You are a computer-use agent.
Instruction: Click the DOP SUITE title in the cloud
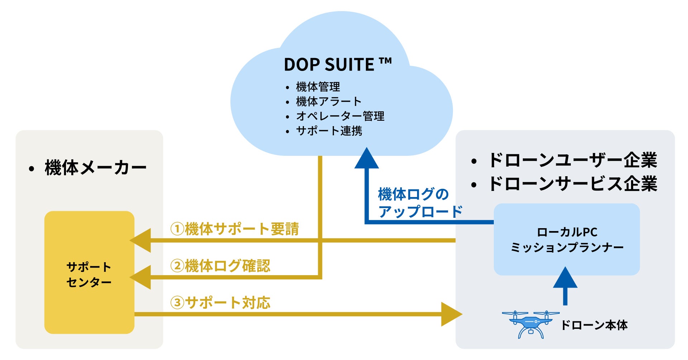tap(337, 65)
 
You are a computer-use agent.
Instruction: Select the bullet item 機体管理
tap(318, 87)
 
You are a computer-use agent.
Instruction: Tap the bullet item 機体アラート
tap(328, 101)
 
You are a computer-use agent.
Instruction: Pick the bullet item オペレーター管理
tap(340, 116)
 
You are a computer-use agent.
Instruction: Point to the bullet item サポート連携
tap(329, 131)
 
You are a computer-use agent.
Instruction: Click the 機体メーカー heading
tap(95, 168)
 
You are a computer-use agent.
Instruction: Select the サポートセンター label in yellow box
tap(89, 274)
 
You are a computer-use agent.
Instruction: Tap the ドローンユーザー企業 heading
tap(572, 160)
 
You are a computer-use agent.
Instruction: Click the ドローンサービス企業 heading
tap(572, 184)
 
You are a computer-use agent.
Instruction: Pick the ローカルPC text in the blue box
tap(567, 232)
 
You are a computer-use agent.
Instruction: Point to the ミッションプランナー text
tap(567, 248)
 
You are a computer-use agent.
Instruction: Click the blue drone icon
tap(531, 324)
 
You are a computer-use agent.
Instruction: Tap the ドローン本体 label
tap(594, 325)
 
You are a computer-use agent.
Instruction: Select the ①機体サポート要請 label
tap(235, 229)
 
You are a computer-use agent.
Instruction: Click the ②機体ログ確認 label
tap(220, 266)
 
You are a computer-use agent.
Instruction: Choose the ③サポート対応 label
tap(220, 303)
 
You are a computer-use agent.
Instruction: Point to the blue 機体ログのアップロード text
tap(419, 203)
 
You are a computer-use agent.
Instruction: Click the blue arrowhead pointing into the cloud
tap(366, 159)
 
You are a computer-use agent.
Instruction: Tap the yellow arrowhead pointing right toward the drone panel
tap(451, 314)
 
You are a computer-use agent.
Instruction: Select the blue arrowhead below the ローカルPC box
tap(565, 278)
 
